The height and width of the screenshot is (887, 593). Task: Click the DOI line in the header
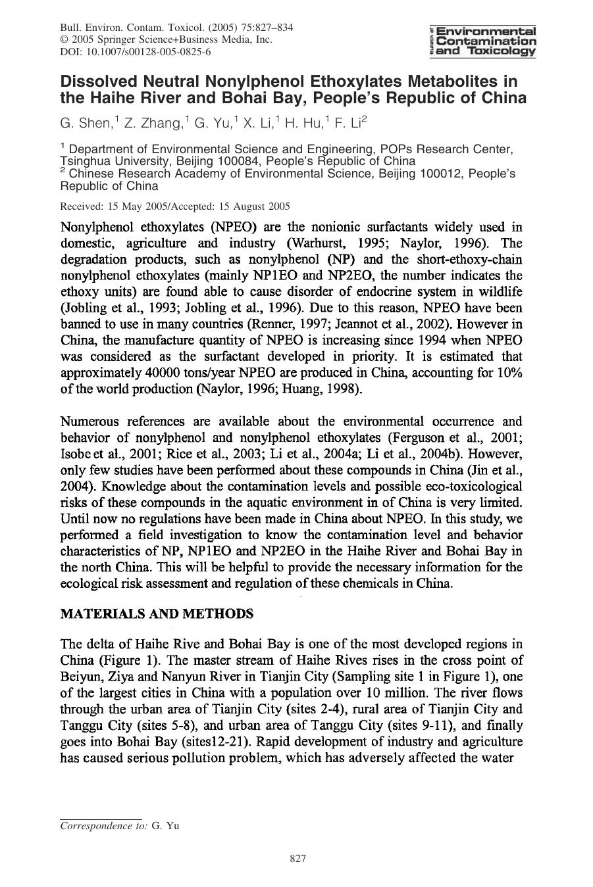click(x=136, y=52)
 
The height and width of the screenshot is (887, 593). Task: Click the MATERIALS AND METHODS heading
click(x=157, y=614)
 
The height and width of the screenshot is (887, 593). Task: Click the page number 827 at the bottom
click(x=298, y=859)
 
